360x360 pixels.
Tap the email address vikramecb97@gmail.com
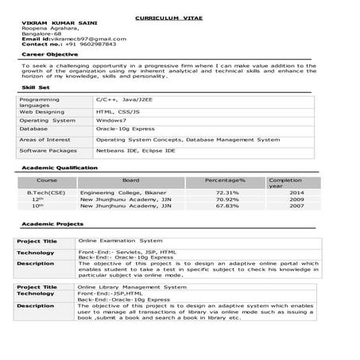pyautogui.click(x=75, y=38)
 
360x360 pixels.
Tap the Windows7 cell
pyautogui.click(x=111, y=119)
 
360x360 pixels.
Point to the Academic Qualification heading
pyautogui.click(x=60, y=168)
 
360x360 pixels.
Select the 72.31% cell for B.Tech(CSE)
pyautogui.click(x=226, y=192)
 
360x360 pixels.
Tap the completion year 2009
pyautogui.click(x=296, y=199)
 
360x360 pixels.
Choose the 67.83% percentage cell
pyautogui.click(x=226, y=205)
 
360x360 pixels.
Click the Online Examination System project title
pyautogui.click(x=120, y=239)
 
